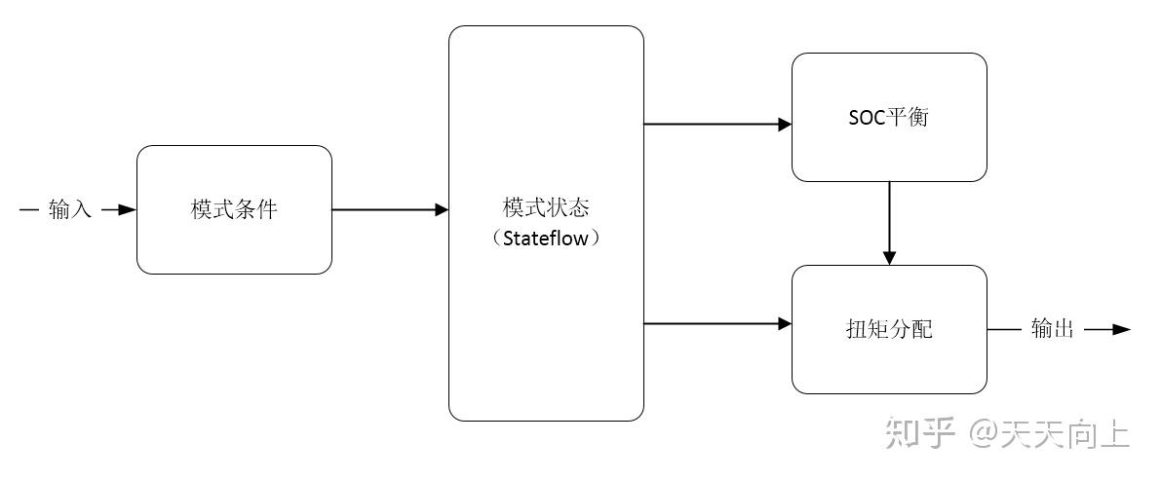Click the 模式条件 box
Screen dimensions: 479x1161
coord(234,209)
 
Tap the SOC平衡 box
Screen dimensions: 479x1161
coord(889,118)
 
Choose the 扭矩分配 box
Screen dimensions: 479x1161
coord(889,329)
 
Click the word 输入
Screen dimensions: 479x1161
coord(70,209)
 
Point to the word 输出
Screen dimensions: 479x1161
coord(1053,329)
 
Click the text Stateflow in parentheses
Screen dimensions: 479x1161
coord(546,238)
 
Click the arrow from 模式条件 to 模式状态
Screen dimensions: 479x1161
coord(390,209)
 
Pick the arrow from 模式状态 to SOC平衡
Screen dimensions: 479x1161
coord(716,124)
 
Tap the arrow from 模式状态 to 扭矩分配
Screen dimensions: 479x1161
coord(716,323)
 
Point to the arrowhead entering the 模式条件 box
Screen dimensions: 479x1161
coord(128,209)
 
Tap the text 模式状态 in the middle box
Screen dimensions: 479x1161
coord(546,208)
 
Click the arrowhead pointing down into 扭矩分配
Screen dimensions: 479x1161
coord(889,257)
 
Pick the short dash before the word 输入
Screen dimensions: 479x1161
coord(29,209)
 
